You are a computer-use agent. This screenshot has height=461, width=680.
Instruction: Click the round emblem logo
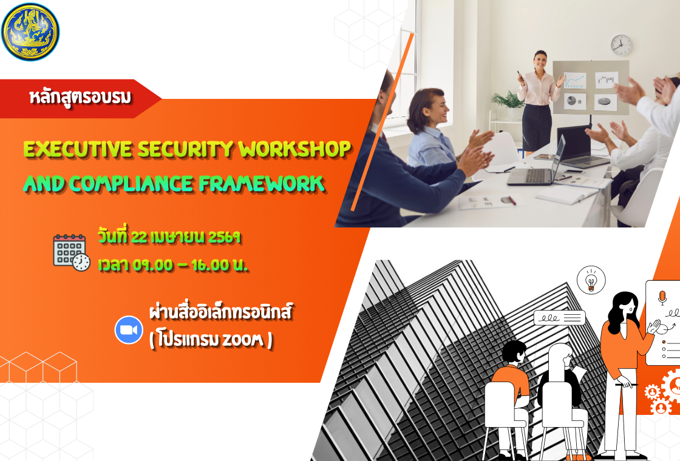30,32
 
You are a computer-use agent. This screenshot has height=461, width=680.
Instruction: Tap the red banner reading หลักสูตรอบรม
80,97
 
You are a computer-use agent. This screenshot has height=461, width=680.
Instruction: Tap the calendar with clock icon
71,252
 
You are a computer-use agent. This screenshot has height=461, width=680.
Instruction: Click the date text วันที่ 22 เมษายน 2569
170,237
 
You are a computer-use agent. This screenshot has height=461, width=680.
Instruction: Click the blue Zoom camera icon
129,330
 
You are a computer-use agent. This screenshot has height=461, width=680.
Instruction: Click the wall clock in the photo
621,45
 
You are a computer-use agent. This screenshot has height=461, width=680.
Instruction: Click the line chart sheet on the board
574,80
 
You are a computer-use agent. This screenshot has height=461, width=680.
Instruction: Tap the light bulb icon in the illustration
591,281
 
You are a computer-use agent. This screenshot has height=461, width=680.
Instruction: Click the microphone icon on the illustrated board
662,298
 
